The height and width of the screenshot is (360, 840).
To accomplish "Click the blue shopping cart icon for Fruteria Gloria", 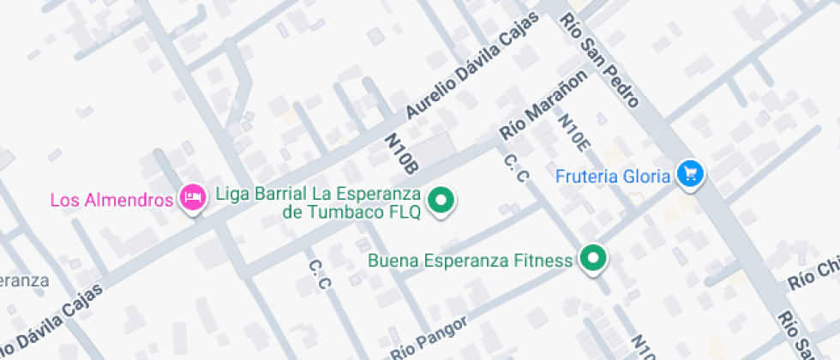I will pos(690,174).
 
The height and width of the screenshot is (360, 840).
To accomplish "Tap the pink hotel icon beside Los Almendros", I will pos(192,198).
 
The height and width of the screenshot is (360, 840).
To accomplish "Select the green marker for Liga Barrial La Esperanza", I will pos(441,201).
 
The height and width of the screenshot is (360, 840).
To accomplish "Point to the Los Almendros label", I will pos(112,201).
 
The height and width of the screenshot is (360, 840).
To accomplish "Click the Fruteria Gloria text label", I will pos(613,177).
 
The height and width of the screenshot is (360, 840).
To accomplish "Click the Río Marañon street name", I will pos(544,105).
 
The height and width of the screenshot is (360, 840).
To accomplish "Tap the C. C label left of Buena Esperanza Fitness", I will pos(320,274).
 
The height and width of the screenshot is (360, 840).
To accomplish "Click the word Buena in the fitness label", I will pos(389,261).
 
